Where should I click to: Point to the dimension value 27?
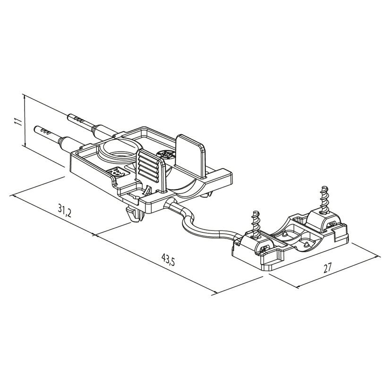click(x=327, y=268)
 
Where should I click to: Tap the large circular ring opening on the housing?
click(x=121, y=150)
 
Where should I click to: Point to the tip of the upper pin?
click(x=69, y=117)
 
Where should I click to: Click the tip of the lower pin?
click(x=35, y=129)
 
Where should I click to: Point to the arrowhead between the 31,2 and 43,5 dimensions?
click(x=94, y=235)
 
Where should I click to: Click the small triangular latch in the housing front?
click(x=148, y=191)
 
